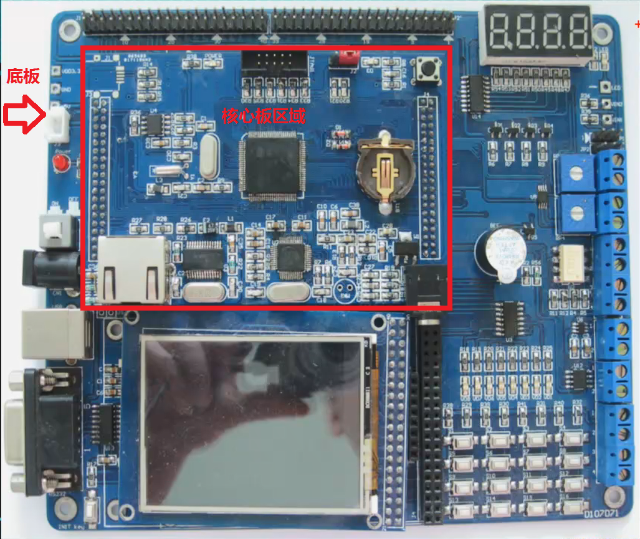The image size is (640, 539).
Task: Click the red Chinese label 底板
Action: point(23,77)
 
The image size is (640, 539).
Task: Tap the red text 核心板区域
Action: point(264,115)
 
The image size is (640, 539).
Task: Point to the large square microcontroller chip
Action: point(272,166)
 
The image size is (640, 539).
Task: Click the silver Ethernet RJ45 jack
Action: point(132,268)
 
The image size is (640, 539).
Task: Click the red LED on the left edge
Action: point(61,164)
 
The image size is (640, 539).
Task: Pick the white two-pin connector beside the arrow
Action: point(58,118)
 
